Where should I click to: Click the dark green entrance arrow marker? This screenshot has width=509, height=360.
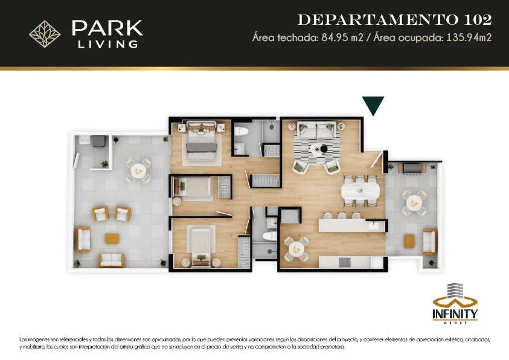(373, 104)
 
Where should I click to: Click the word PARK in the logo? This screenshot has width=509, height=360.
(107, 28)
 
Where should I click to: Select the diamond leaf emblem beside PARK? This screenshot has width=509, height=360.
(45, 34)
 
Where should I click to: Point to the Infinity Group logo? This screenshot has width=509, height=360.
(455, 303)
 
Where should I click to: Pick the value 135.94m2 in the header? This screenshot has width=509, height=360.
(469, 37)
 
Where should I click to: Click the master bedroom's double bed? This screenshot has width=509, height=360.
(201, 141)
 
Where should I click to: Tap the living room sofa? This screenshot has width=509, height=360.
(316, 129)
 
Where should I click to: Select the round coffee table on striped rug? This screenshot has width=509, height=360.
(317, 149)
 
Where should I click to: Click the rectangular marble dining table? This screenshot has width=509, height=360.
(360, 191)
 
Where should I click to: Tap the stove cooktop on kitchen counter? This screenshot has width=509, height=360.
(344, 262)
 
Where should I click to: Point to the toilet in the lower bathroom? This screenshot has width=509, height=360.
(269, 236)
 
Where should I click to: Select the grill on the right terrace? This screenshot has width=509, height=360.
(412, 169)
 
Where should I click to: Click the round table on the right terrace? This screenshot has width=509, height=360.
(414, 203)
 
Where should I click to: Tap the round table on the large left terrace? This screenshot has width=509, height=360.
(138, 170)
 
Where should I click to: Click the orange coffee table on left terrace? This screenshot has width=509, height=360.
(112, 239)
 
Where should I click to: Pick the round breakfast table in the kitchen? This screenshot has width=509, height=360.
(296, 249)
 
